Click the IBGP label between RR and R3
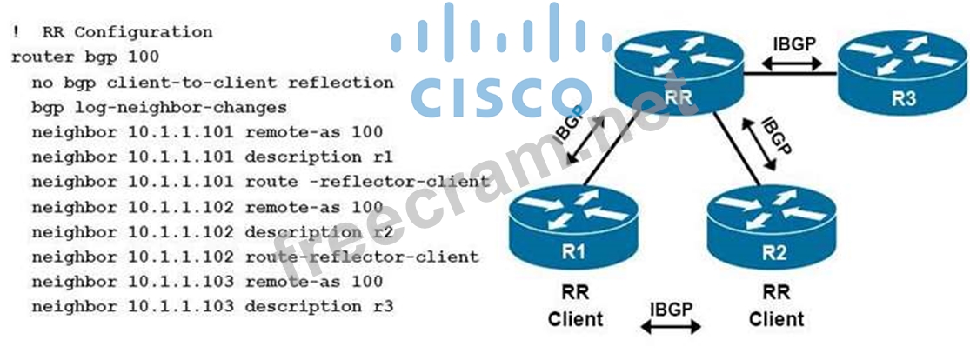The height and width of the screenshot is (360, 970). tap(794, 43)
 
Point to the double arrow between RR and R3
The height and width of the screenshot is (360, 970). tap(793, 64)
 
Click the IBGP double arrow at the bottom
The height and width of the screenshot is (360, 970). tap(671, 327)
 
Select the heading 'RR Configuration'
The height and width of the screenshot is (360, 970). tap(126, 32)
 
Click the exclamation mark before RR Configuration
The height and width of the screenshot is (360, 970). tap(16, 32)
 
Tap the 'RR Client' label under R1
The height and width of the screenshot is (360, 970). tap(575, 307)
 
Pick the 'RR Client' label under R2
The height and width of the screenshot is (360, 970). tap(776, 307)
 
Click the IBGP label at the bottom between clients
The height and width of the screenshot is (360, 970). tap(671, 309)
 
